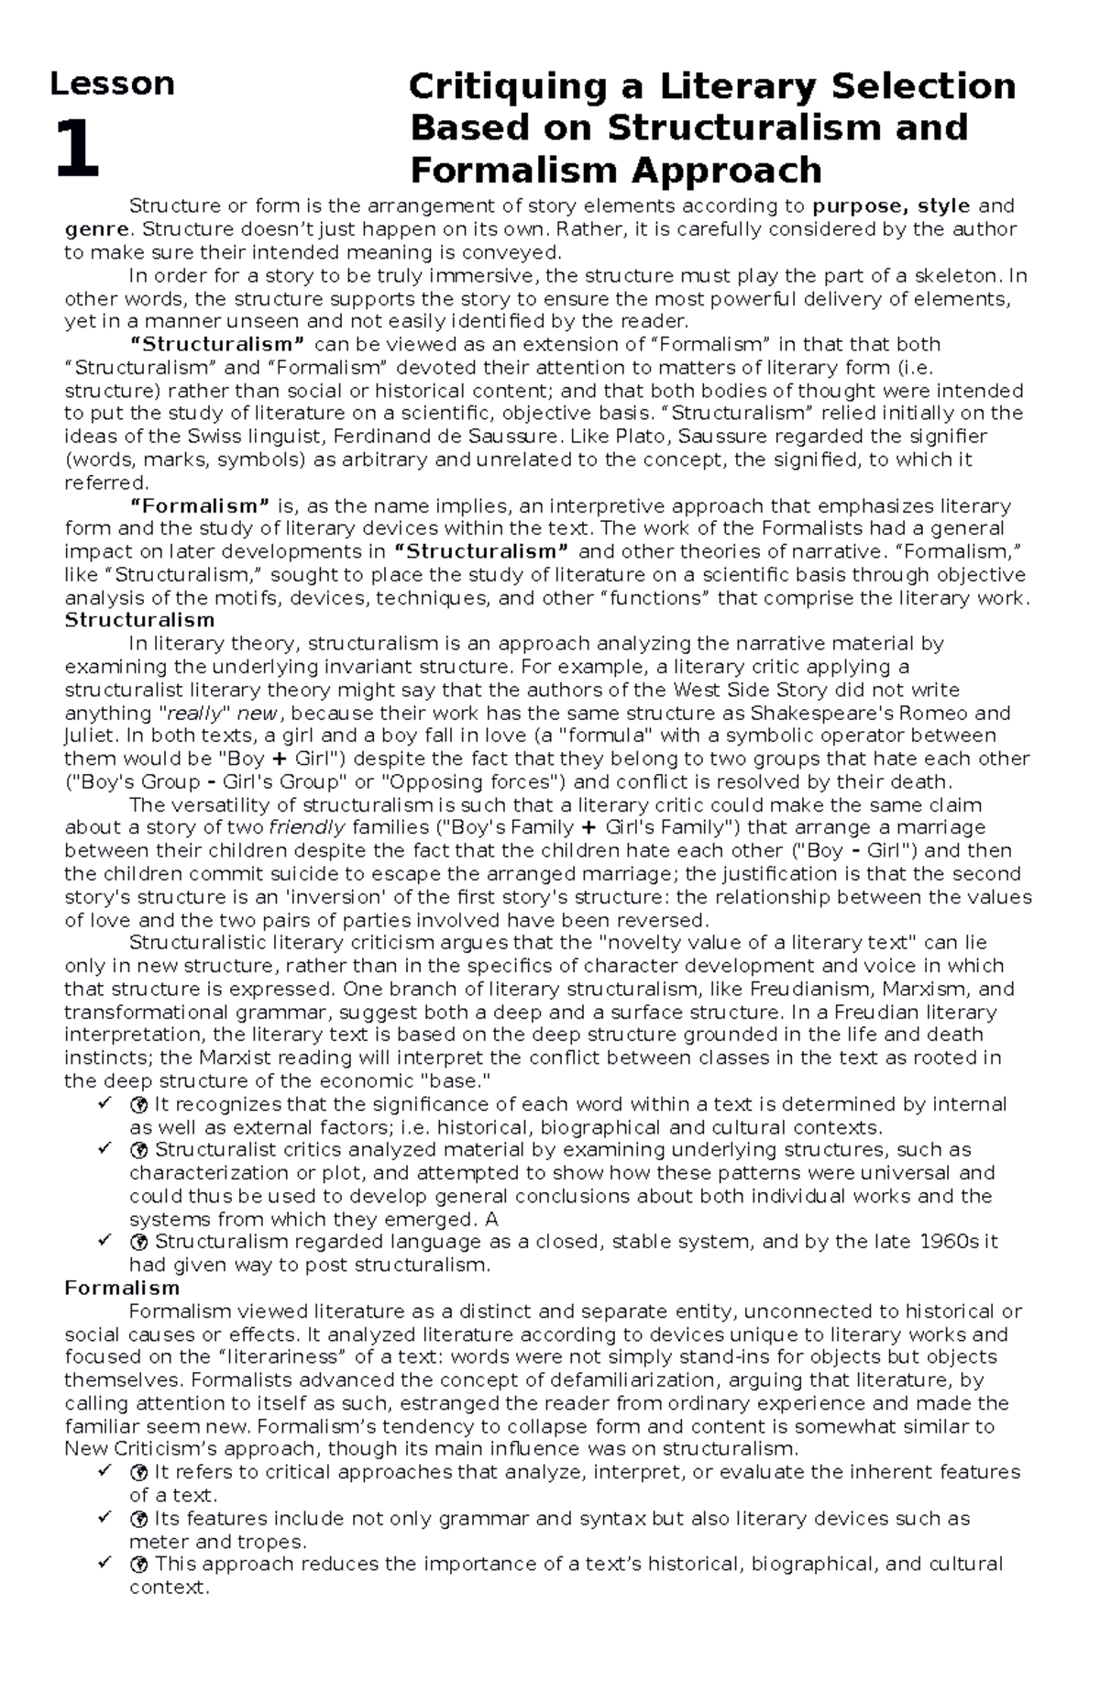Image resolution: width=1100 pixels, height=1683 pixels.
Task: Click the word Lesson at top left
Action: pyautogui.click(x=112, y=83)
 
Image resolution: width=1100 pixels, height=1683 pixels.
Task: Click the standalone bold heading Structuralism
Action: pyautogui.click(x=139, y=620)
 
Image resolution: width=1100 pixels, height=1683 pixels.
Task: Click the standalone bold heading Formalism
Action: pyautogui.click(x=122, y=1289)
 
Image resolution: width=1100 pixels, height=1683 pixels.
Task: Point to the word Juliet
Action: pyautogui.click(x=90, y=736)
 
